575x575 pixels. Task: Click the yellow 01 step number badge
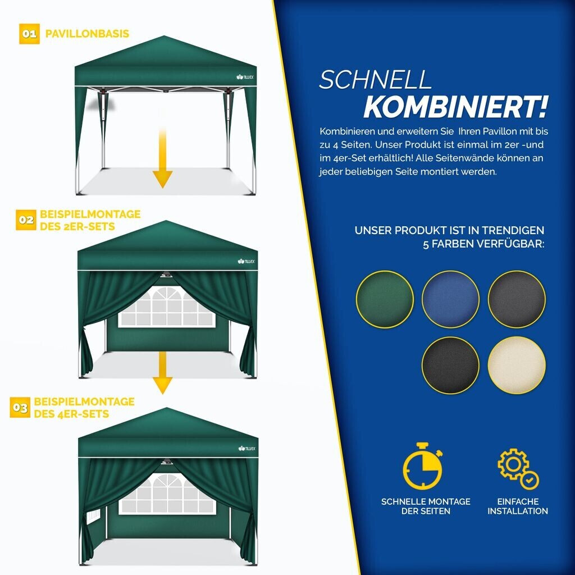[x=29, y=34]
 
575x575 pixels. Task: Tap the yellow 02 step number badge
[x=26, y=220]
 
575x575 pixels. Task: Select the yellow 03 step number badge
[x=20, y=408]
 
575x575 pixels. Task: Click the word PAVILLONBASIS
[x=87, y=34]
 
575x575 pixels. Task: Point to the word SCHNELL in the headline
[x=375, y=79]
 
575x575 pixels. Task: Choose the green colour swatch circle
[x=385, y=299]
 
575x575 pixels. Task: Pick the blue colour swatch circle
[x=451, y=299]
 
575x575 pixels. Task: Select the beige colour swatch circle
[x=517, y=365]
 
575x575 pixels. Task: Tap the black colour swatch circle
[x=451, y=365]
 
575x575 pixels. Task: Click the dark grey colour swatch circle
[x=517, y=299]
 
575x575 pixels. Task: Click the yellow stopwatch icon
[x=422, y=466]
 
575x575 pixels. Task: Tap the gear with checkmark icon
[x=518, y=469]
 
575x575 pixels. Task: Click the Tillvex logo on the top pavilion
[x=245, y=77]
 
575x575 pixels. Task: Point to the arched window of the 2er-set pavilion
[x=167, y=307]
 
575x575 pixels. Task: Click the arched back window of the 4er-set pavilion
[x=167, y=494]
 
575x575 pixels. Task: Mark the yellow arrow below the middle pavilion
[x=162, y=372]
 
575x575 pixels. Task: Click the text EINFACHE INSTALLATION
[x=518, y=506]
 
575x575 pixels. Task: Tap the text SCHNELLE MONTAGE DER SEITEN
[x=426, y=506]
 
